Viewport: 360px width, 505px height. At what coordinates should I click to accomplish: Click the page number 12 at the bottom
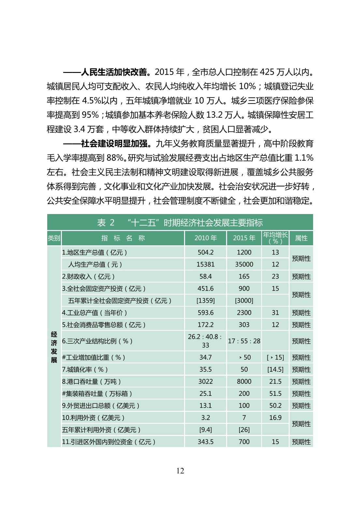180,470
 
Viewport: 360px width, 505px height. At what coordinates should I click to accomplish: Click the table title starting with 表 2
180,223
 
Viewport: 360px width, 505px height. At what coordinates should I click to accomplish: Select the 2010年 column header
206,238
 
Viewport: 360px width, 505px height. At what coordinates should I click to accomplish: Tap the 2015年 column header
244,238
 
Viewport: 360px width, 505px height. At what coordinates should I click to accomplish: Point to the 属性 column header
301,238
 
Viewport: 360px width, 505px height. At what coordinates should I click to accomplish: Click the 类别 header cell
54,238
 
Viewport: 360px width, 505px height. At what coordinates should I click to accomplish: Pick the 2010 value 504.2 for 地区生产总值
206,252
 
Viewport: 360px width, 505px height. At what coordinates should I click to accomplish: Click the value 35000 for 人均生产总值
244,264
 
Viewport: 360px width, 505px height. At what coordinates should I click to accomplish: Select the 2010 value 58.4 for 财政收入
206,276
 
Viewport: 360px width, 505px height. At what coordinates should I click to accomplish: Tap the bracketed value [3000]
244,300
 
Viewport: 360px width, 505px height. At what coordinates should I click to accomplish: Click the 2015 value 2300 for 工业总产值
244,312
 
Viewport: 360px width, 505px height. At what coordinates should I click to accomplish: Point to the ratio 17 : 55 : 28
244,341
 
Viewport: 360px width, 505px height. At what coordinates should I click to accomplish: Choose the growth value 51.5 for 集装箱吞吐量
275,394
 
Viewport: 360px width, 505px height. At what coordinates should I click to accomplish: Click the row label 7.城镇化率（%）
85,369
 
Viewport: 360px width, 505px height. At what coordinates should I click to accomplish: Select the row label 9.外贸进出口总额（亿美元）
101,406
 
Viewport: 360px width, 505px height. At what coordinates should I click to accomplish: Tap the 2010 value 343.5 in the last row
206,442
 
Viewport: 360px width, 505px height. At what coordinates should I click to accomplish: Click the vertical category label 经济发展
54,347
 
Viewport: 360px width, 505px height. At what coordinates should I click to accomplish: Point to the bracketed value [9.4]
206,430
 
